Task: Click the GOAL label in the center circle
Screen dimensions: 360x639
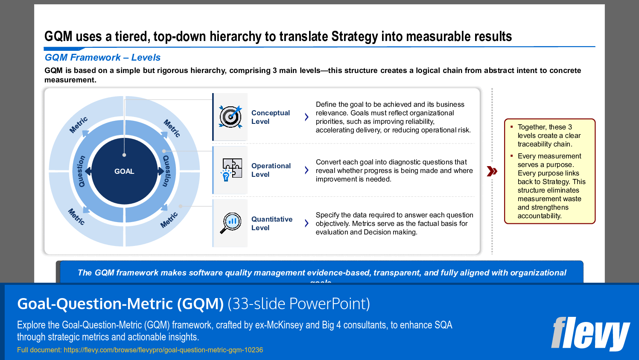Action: pos(124,171)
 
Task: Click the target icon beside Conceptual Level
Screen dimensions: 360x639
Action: pos(231,117)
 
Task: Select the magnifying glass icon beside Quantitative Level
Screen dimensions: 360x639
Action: pos(231,223)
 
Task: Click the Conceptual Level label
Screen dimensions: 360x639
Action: pos(270,117)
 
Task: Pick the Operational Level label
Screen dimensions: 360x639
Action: pos(271,170)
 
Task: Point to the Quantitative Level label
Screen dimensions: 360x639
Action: pos(271,223)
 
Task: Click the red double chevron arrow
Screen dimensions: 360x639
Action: pos(492,171)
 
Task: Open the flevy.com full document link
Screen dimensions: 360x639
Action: pos(163,350)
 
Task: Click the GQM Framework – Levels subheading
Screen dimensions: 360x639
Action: pos(102,57)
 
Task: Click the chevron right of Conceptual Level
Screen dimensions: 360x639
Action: pos(306,117)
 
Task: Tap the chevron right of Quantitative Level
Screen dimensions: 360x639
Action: pos(306,223)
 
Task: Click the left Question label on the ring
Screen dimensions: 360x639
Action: pos(81,171)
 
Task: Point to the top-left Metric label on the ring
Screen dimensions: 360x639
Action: pos(79,125)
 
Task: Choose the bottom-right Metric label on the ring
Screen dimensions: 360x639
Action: pos(169,220)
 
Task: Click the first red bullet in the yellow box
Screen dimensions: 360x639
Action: pos(511,127)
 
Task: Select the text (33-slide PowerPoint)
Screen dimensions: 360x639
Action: pos(298,304)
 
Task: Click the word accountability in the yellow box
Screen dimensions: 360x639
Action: pos(539,216)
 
